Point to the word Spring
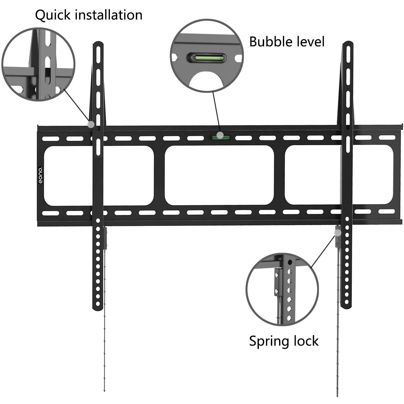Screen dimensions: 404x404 point(267,341)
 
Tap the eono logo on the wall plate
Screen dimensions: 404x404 point(40,175)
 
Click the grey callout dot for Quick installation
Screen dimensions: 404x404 point(91,124)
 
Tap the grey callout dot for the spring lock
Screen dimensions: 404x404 point(338,233)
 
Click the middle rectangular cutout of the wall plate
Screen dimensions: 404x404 point(219,175)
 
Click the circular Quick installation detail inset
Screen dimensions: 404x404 point(38,65)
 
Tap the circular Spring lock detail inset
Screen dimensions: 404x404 point(282,289)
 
